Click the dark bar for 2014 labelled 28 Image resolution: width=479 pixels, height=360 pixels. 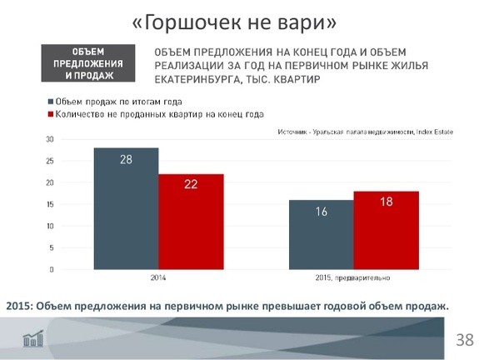(126, 208)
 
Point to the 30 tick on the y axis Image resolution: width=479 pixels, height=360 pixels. (50, 139)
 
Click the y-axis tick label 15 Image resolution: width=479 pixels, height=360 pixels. (50, 204)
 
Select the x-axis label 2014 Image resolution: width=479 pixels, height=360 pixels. (158, 277)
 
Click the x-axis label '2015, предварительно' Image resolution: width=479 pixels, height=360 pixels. (353, 277)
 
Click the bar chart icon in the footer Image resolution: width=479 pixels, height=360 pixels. (33, 338)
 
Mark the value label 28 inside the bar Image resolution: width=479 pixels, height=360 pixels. (126, 158)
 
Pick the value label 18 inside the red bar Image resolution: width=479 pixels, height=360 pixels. (386, 202)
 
